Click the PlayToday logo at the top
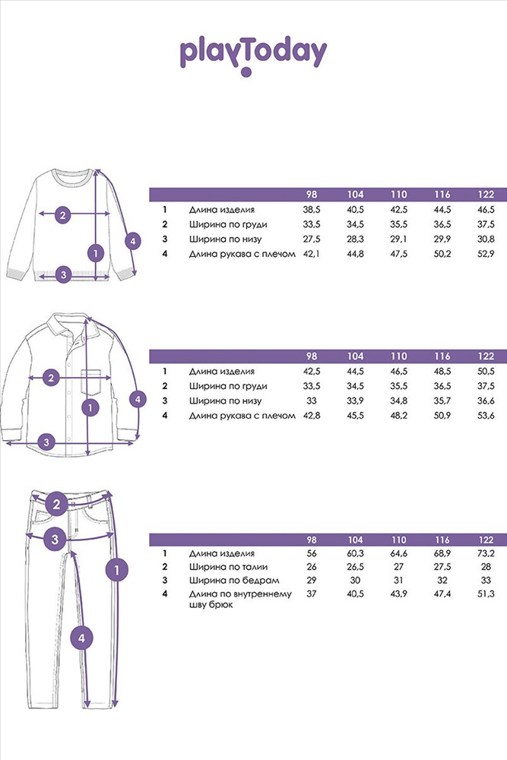click(x=253, y=56)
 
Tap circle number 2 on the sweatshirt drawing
click(x=62, y=214)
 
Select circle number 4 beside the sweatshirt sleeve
click(x=133, y=241)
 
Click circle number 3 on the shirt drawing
click(x=46, y=442)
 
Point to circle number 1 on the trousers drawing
click(x=117, y=570)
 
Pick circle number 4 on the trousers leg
click(x=81, y=638)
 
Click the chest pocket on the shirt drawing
click(x=92, y=382)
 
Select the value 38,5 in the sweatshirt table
click(x=312, y=210)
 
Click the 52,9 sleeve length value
click(x=486, y=254)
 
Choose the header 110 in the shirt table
click(x=398, y=356)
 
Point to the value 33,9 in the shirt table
click(x=355, y=401)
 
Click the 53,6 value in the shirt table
click(x=486, y=416)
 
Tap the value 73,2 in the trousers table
click(x=486, y=553)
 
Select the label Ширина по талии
click(x=228, y=567)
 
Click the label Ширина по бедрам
click(x=234, y=580)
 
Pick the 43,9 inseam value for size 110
click(x=398, y=594)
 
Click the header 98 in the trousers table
click(x=312, y=540)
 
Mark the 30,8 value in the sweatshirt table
click(x=486, y=239)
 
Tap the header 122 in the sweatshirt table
click(x=486, y=195)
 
